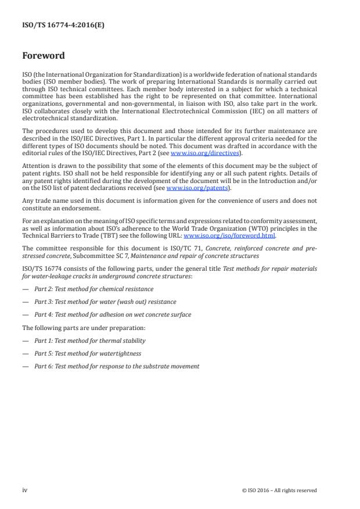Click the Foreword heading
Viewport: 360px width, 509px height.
click(44, 56)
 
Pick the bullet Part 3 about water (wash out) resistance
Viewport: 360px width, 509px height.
click(105, 302)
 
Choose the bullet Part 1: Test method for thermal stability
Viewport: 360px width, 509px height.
click(89, 340)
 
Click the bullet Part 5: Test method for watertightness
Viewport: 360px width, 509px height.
click(87, 353)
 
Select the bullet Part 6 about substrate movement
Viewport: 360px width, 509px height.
click(116, 366)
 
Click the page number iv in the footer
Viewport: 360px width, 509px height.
click(25, 490)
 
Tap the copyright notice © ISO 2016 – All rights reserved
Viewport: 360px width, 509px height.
click(279, 490)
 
